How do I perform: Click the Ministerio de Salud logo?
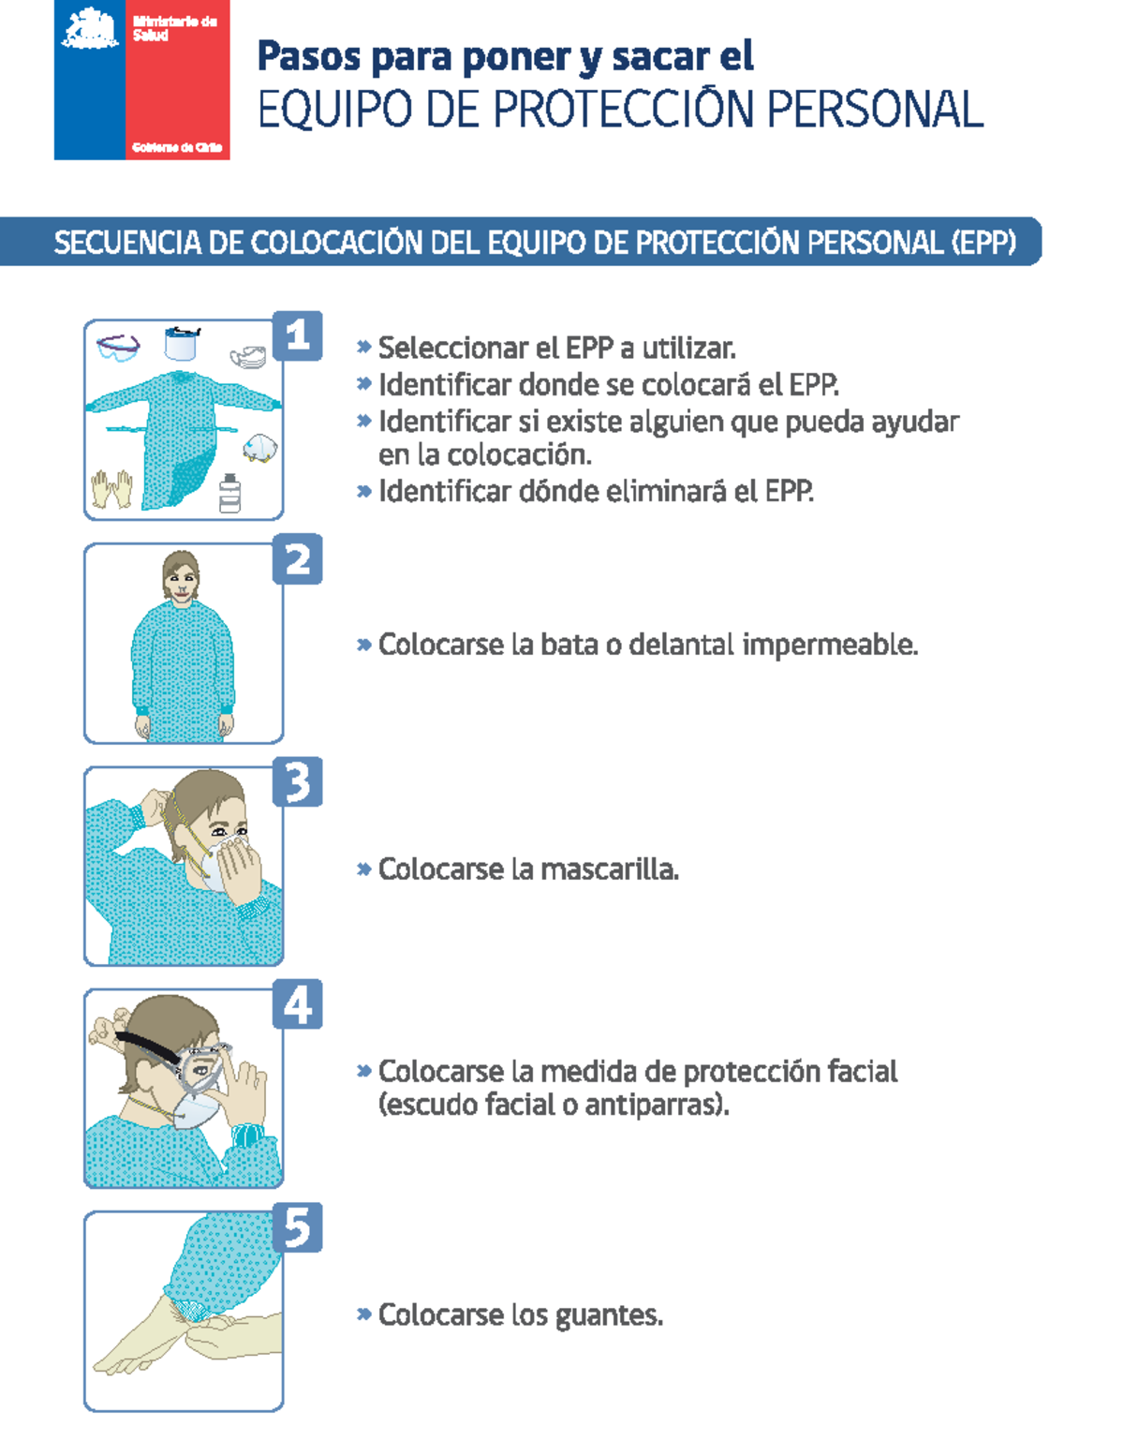point(142,80)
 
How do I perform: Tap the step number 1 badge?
point(297,336)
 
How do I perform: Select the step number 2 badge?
point(297,559)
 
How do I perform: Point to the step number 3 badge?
point(297,782)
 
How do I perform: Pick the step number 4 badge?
point(297,1004)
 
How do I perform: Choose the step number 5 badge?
point(297,1227)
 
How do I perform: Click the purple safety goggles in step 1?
point(119,349)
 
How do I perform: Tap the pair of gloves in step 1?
point(111,489)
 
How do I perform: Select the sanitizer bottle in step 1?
point(229,494)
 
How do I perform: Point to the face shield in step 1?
point(182,344)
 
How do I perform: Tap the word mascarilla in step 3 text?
point(609,869)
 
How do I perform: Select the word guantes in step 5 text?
point(609,1315)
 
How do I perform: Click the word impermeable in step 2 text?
point(830,645)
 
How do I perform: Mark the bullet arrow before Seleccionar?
point(364,347)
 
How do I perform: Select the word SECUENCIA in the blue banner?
point(126,243)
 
